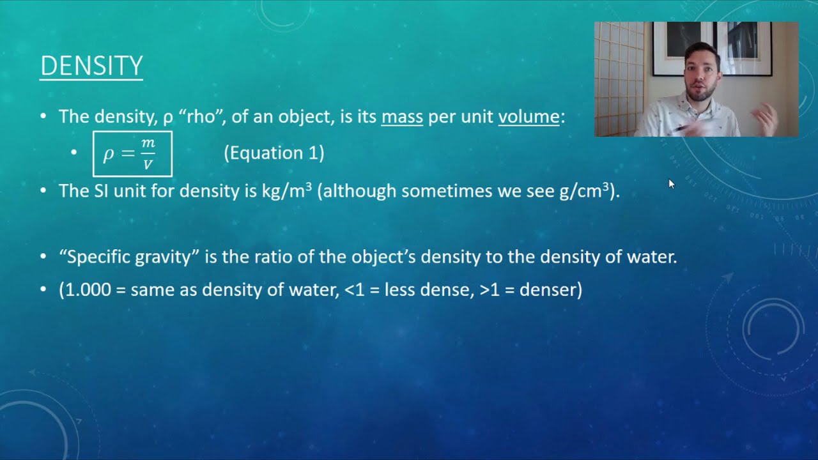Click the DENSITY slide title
coord(91,66)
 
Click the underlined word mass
coord(402,117)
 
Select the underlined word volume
coord(529,117)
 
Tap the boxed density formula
coord(132,154)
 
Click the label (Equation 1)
coord(274,153)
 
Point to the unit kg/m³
coord(286,190)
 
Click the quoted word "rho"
coord(201,117)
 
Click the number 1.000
coord(86,290)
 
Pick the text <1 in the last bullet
coord(353,290)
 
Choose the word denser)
coord(550,290)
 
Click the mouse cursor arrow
coord(671,184)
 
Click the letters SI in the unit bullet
coord(101,190)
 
